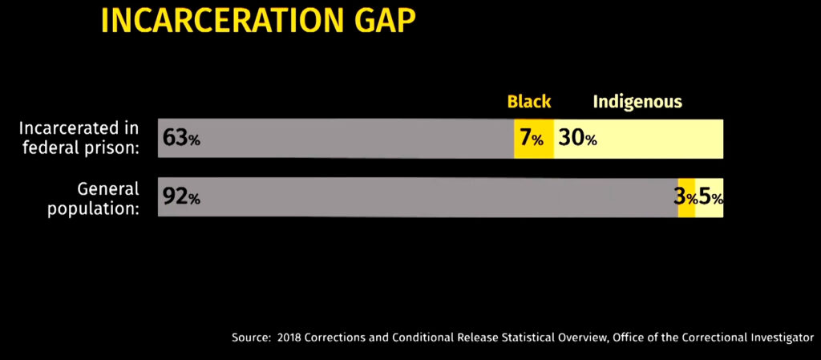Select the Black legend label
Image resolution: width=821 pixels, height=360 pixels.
point(529,102)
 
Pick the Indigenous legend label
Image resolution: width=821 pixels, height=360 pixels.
point(637,102)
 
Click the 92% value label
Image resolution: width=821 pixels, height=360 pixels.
point(181,197)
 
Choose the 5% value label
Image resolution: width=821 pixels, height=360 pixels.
point(711,198)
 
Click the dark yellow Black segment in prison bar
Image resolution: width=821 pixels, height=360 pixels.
point(533,138)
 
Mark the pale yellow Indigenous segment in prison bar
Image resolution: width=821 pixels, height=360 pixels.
point(638,138)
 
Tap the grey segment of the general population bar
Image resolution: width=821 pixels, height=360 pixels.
point(418,197)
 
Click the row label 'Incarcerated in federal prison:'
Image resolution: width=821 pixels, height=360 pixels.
point(79,138)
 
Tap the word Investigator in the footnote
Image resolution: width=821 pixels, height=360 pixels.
point(781,338)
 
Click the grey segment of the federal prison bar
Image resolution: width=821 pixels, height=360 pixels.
point(336,138)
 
